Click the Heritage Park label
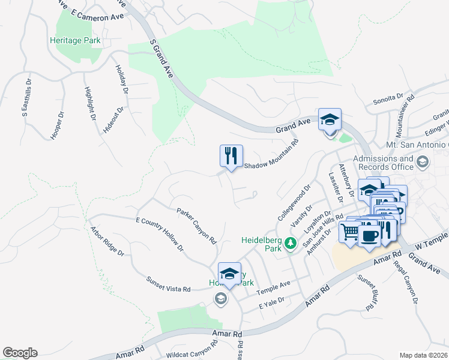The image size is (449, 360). tap(75, 41)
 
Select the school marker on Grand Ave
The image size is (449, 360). tap(330, 119)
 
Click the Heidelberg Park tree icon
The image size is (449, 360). tap(291, 243)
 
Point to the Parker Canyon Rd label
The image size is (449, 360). tap(196, 226)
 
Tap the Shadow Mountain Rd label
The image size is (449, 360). tap(271, 157)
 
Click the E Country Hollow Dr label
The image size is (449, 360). tap(159, 235)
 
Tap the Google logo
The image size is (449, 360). tap(20, 353)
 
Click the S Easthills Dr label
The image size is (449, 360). tap(26, 98)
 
